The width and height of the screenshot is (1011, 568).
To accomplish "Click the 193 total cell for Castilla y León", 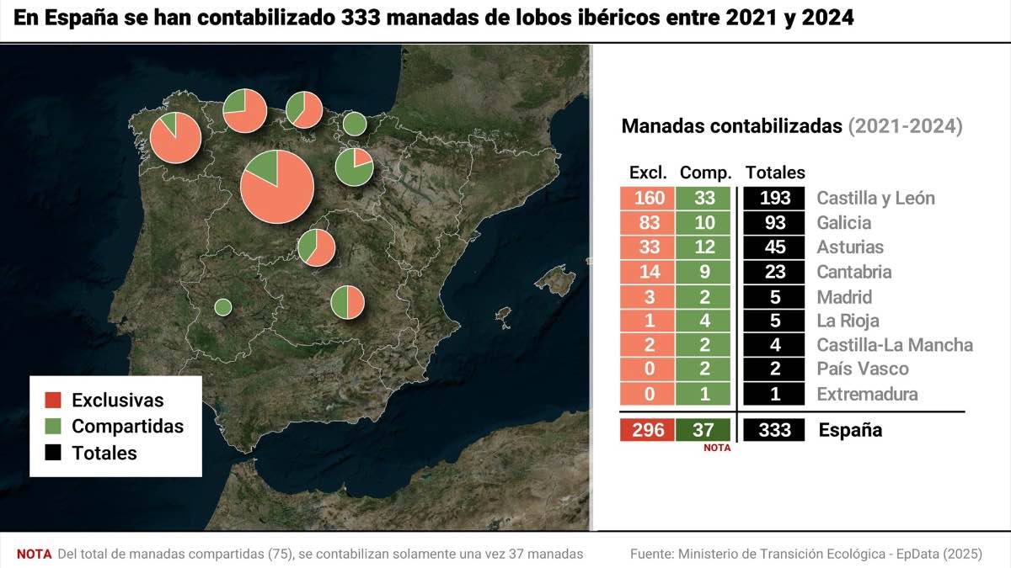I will (x=774, y=199).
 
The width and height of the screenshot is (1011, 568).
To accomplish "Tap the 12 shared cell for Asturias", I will (x=705, y=247).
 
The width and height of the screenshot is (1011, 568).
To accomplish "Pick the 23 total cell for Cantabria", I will (x=774, y=272).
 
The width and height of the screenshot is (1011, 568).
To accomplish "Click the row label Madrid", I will (x=844, y=297).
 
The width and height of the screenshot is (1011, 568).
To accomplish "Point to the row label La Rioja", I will (x=848, y=321).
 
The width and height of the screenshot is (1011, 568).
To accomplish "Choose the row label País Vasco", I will (x=863, y=369).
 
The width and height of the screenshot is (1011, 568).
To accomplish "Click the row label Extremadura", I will (x=867, y=394).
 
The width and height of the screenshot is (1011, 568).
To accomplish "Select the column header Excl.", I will (x=648, y=173).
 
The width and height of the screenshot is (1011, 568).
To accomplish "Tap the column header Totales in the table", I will (x=775, y=173).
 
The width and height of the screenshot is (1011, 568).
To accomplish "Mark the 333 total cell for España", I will (x=774, y=430).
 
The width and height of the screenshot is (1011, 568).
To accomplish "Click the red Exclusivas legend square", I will (x=53, y=401).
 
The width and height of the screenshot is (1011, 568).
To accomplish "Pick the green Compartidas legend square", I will (x=53, y=427).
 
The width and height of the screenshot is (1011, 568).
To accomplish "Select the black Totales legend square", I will (x=53, y=453).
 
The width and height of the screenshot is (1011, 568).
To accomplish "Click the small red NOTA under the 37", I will (x=717, y=449).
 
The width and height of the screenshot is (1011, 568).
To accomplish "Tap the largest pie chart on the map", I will (x=277, y=187).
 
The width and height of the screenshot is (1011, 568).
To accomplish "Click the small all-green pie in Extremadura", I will (x=223, y=307).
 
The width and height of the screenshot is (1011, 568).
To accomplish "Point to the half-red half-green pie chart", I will (x=347, y=302).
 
